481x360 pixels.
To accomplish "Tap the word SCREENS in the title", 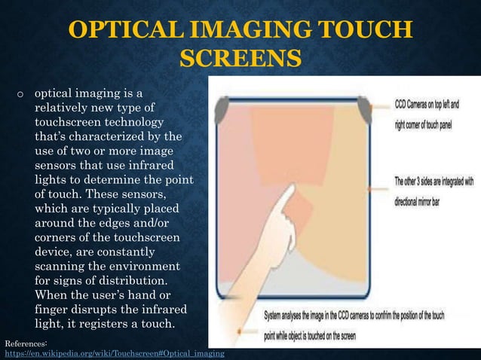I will [241, 59].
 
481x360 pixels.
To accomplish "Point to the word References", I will [26, 343].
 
